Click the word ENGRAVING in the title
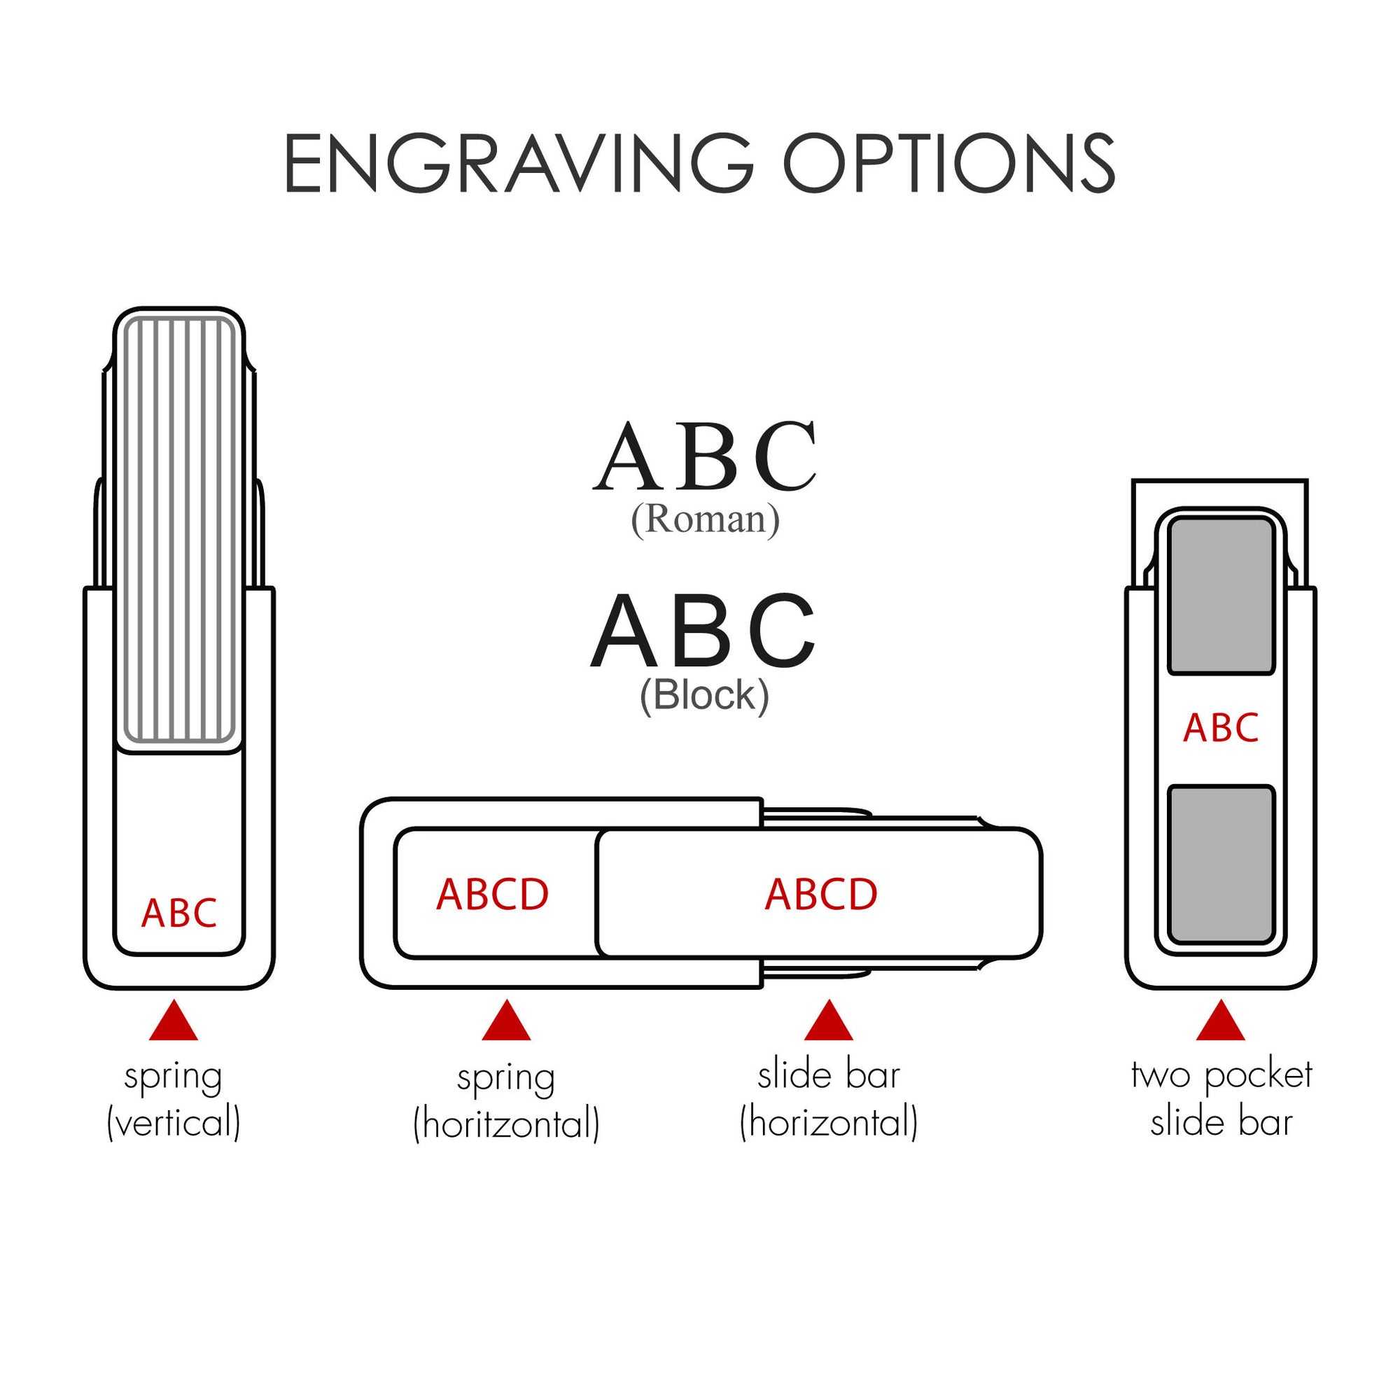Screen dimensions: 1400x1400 [x=519, y=164]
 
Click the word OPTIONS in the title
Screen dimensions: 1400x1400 [x=948, y=164]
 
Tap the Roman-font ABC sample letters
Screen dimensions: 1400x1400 [x=704, y=456]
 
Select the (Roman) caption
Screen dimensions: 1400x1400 [x=705, y=519]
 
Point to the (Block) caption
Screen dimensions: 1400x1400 [x=703, y=695]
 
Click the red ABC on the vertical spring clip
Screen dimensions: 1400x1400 [x=179, y=913]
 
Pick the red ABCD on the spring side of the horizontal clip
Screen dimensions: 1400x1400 [x=493, y=894]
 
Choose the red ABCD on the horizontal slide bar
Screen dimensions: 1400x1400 [x=821, y=894]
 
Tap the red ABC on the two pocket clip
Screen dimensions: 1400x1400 [x=1221, y=728]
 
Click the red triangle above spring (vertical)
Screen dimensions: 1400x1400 [x=174, y=1023]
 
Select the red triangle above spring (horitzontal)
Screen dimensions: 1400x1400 [x=507, y=1023]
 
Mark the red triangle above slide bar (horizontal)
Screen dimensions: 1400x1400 [x=829, y=1023]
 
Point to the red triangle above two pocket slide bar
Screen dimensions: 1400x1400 [x=1221, y=1023]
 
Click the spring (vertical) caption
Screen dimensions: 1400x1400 [x=174, y=1100]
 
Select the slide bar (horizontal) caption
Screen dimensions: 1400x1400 [x=829, y=1100]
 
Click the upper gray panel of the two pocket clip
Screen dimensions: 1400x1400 [x=1221, y=596]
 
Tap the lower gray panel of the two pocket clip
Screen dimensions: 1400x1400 [x=1221, y=864]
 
